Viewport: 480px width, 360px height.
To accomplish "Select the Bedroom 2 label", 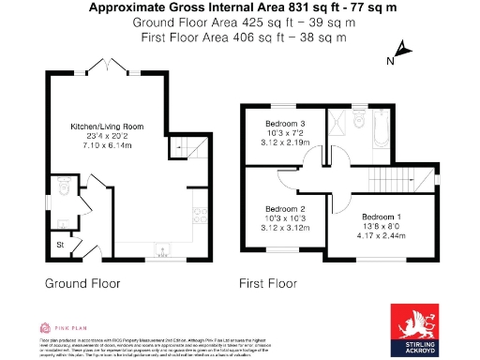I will click(x=285, y=208).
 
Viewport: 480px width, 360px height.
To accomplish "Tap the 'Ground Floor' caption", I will click(x=81, y=282).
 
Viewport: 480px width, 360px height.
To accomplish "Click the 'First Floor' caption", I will click(x=267, y=282).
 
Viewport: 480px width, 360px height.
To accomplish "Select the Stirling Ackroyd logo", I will click(x=417, y=329).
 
